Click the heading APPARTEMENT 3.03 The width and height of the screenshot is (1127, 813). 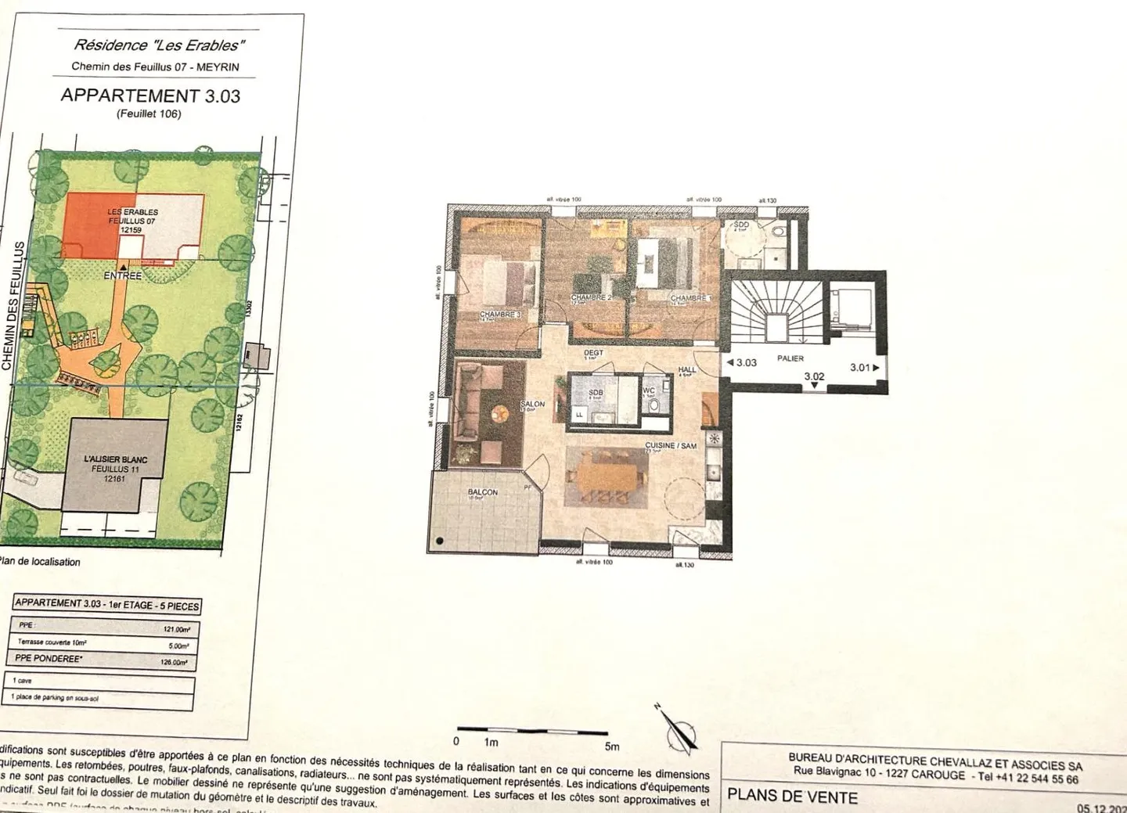150,96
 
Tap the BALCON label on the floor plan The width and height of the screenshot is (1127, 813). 482,492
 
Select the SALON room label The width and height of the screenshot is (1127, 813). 532,405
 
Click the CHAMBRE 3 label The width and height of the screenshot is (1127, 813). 499,315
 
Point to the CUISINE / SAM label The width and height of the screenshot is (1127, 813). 671,445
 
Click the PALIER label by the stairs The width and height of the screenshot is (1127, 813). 790,358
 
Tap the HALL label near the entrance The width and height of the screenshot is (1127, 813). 686,369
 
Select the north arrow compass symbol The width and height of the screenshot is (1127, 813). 679,731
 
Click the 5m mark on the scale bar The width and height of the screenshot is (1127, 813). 611,746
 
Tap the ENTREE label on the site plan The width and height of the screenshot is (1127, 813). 123,275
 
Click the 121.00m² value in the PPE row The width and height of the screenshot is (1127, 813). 176,629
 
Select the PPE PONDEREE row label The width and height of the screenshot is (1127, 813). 49,659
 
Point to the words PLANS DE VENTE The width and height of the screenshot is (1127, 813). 792,797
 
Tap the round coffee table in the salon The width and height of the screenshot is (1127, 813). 499,412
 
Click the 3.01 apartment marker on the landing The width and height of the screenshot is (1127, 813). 860,367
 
